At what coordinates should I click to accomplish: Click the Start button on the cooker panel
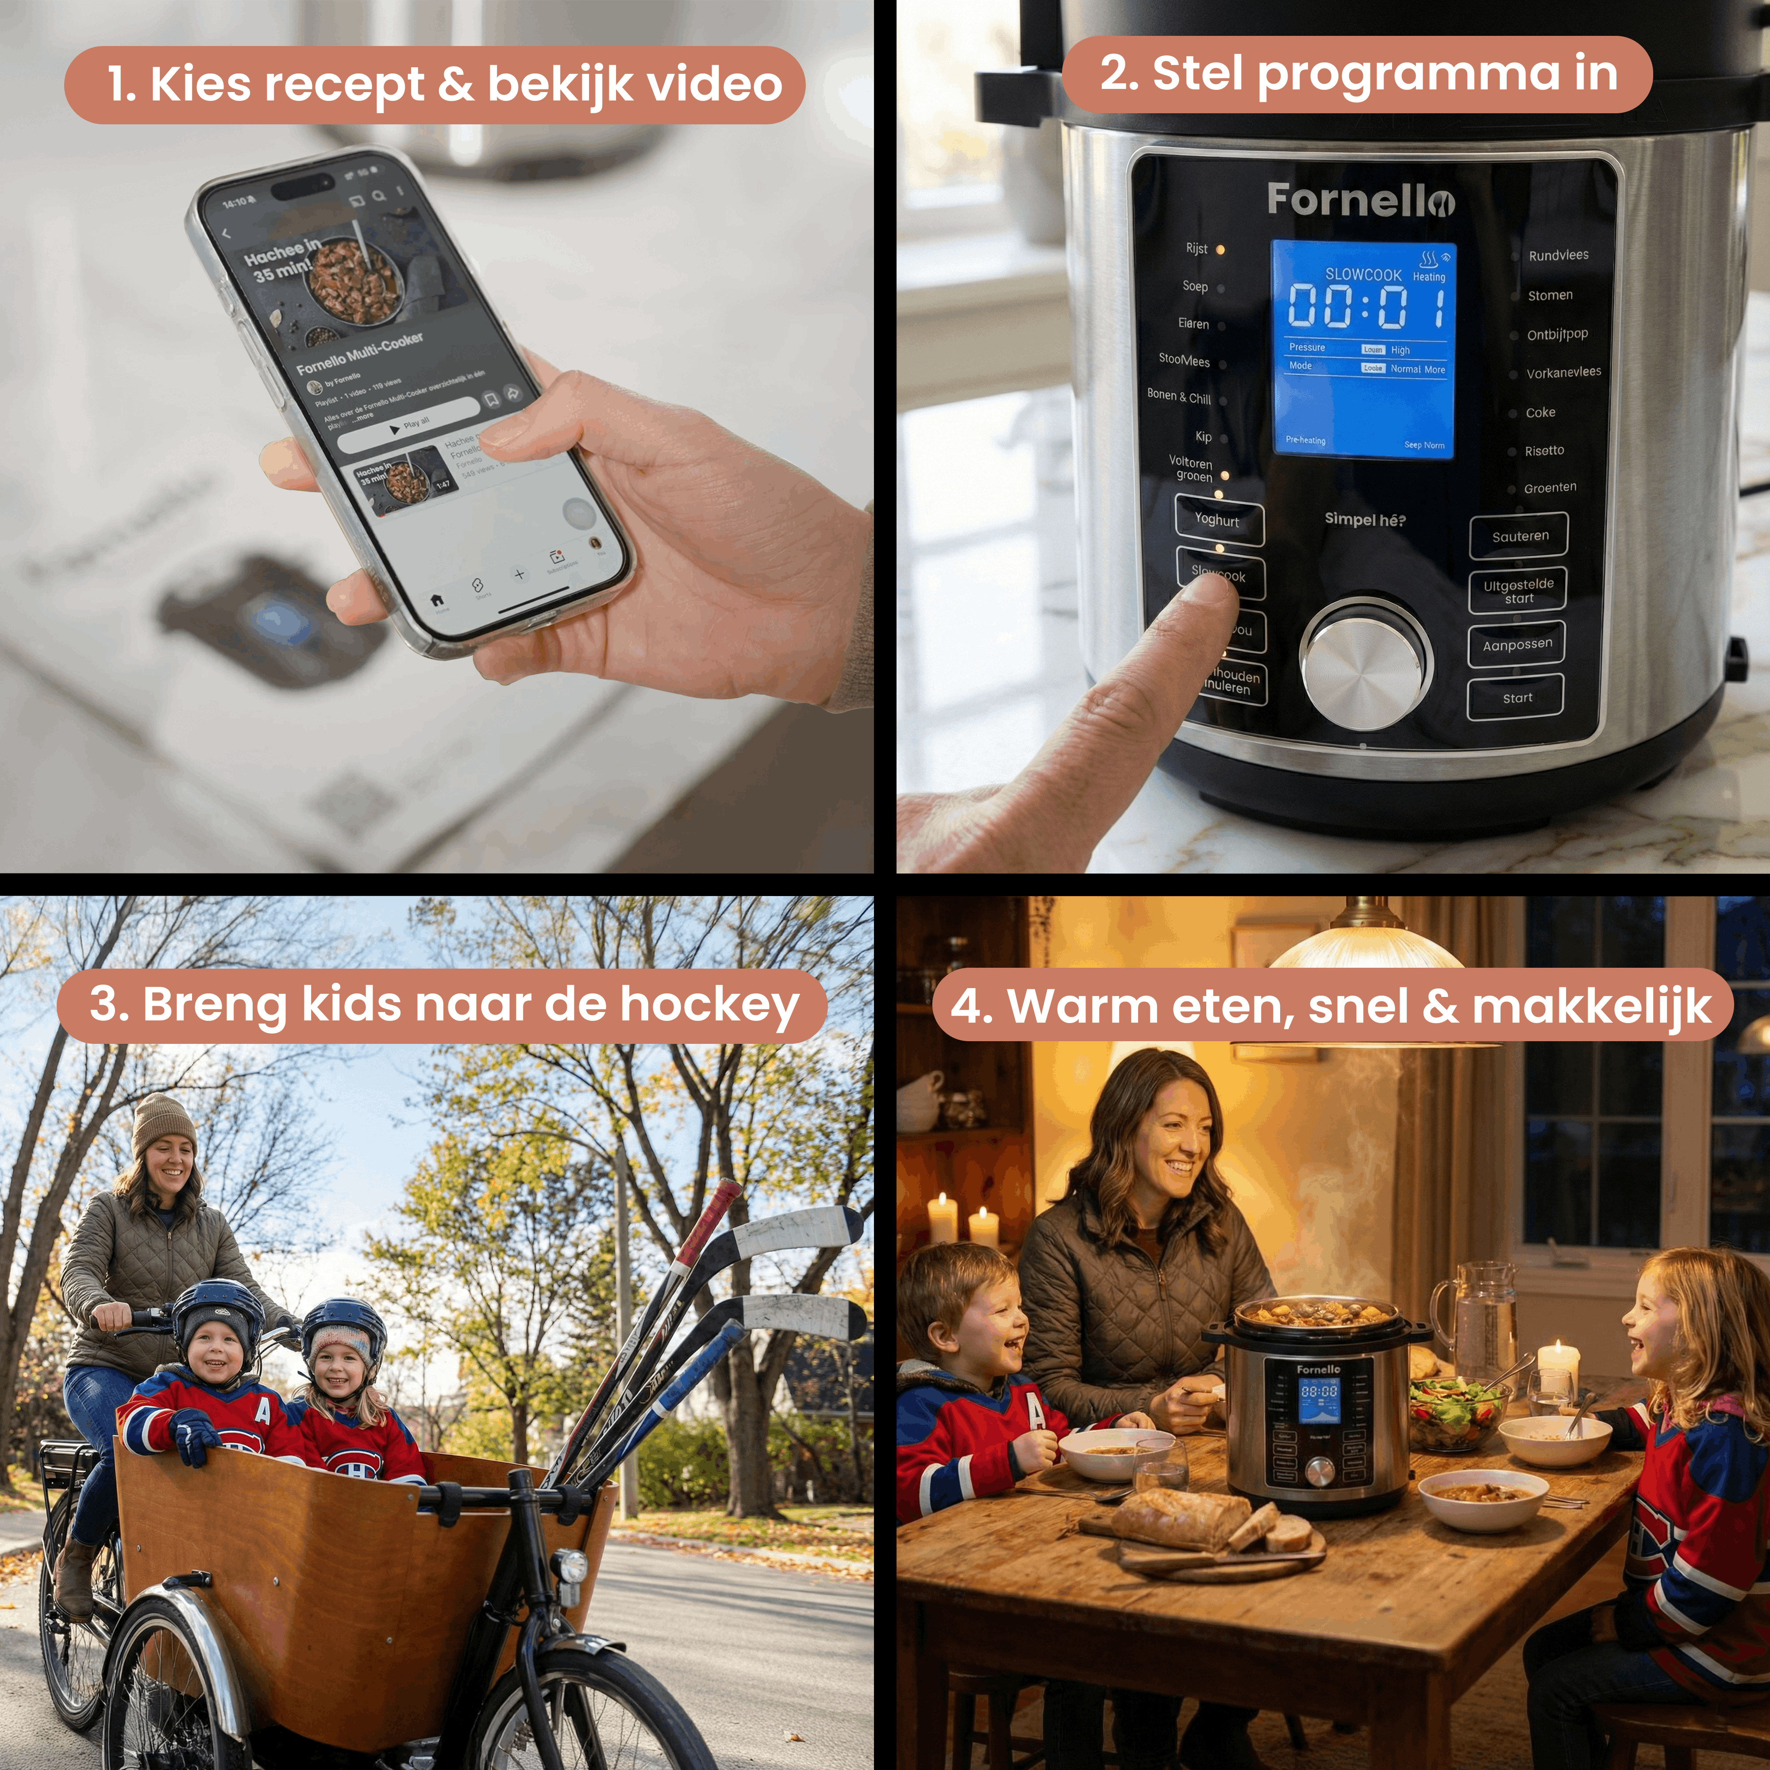(x=1516, y=698)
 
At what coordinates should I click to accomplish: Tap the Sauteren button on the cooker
(x=1519, y=536)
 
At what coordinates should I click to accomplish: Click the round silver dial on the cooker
(x=1365, y=664)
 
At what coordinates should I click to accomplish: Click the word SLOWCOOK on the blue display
(x=1363, y=275)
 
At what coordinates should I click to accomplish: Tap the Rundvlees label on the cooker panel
(x=1558, y=256)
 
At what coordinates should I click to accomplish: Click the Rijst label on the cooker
(x=1197, y=248)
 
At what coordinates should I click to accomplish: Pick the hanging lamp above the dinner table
(x=1365, y=948)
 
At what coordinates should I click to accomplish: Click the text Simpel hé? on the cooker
(x=1364, y=519)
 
